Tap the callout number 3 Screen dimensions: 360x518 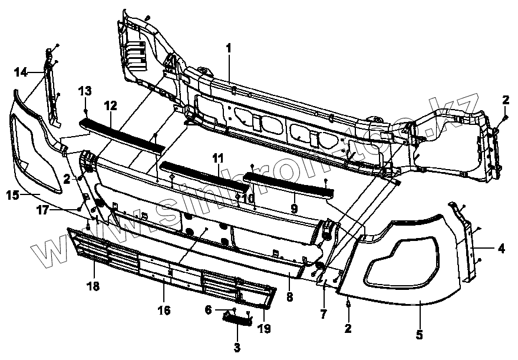(x=237, y=348)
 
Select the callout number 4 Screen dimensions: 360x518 (x=501, y=249)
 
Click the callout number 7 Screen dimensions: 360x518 (x=323, y=314)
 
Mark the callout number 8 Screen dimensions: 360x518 (x=289, y=298)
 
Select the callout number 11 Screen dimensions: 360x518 (x=219, y=157)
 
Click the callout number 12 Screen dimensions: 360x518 (x=111, y=105)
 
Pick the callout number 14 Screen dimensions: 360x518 (x=21, y=72)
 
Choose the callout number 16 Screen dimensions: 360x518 (x=164, y=310)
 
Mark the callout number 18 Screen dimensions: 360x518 (x=93, y=286)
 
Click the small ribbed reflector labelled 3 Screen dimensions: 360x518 (x=237, y=318)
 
